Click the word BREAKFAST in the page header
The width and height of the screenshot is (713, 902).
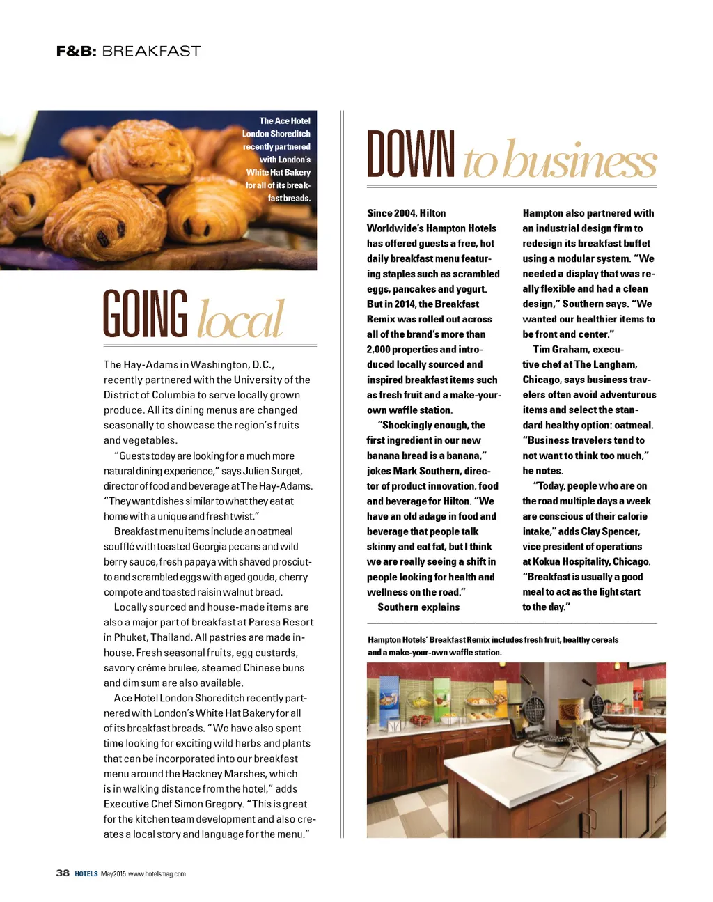click(151, 51)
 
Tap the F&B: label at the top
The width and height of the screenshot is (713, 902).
click(76, 51)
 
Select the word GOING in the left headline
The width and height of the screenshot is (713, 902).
click(145, 315)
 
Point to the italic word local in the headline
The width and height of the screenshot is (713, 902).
click(241, 319)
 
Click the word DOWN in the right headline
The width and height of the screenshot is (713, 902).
click(411, 155)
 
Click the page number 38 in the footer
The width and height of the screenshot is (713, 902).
click(63, 873)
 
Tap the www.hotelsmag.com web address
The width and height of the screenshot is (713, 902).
click(157, 873)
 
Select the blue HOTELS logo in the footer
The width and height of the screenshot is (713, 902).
click(86, 873)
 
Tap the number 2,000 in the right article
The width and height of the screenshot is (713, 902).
click(379, 350)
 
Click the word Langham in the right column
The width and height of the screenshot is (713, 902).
click(615, 364)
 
